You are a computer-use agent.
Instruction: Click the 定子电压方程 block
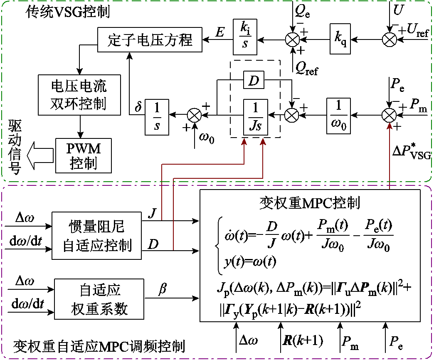coord(150,40)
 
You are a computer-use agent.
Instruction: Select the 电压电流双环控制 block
coord(79,95)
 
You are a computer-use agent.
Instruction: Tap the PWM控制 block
coord(84,155)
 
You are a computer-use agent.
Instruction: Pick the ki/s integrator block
coord(245,35)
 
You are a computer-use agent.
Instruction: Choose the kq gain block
coord(340,40)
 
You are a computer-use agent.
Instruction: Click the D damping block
coord(254,80)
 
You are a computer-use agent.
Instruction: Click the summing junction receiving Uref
coord(390,40)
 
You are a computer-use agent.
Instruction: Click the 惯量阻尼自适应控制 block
coord(96,236)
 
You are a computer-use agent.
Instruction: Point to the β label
coord(163,289)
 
